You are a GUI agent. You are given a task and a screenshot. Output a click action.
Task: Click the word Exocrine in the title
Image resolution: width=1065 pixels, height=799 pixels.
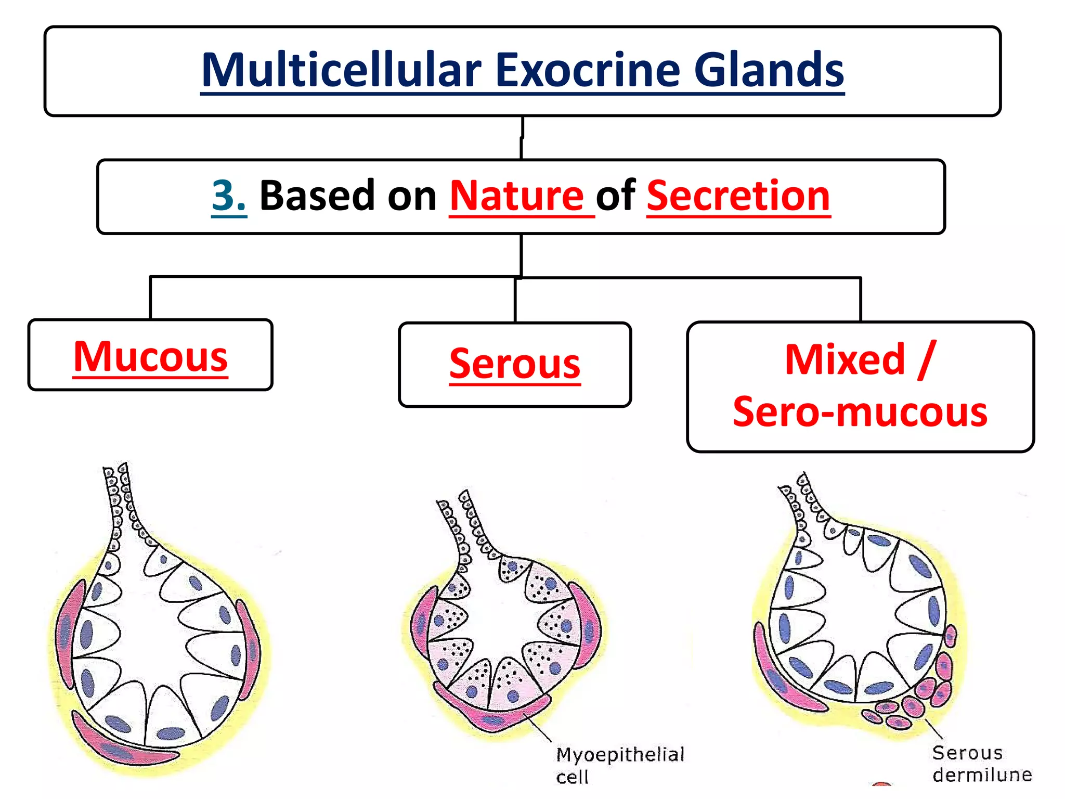(588, 70)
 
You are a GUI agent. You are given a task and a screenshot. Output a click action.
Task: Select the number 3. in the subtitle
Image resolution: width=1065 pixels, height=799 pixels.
(229, 196)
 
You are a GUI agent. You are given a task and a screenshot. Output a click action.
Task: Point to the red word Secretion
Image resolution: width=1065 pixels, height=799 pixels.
(738, 196)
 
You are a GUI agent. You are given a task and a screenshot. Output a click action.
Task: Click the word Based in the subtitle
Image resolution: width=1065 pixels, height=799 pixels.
(317, 196)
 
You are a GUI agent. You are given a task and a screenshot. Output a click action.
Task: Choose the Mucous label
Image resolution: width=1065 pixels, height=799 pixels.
(150, 357)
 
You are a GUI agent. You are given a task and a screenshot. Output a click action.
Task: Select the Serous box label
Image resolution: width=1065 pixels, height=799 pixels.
(515, 364)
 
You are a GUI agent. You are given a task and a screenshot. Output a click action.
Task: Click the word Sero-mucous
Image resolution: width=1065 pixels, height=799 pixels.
(860, 411)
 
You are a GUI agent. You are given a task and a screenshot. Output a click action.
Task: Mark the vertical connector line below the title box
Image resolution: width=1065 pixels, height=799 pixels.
(522, 138)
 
